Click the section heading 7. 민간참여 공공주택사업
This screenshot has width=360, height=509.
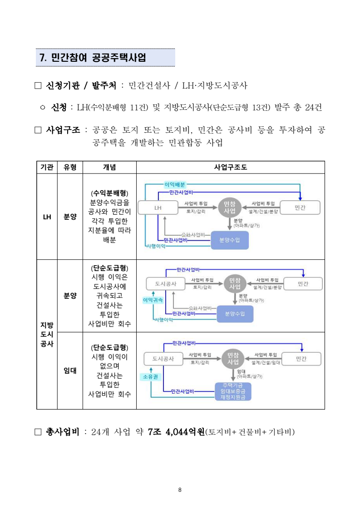click(x=93, y=58)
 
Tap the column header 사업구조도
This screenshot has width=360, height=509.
click(x=230, y=167)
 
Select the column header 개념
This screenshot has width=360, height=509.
click(x=109, y=167)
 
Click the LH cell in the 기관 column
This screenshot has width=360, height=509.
click(x=47, y=217)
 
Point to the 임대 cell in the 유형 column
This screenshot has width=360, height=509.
click(x=70, y=370)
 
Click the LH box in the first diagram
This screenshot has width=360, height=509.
click(x=158, y=208)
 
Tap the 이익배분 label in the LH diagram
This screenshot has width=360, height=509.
click(x=174, y=184)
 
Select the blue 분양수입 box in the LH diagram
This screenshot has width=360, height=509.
click(x=230, y=240)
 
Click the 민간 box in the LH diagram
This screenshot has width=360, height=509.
click(x=300, y=208)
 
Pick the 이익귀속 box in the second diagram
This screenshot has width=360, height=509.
click(x=153, y=300)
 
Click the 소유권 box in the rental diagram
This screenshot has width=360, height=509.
click(x=151, y=376)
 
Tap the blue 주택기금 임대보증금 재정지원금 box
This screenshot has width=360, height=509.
click(x=232, y=391)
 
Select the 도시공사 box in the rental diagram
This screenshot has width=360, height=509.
click(x=162, y=358)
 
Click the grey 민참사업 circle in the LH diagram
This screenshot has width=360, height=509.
click(x=230, y=208)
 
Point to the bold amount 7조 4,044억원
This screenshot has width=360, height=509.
click(x=177, y=432)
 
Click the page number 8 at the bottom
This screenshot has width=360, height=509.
click(x=180, y=489)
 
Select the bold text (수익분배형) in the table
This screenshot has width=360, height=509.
click(x=109, y=193)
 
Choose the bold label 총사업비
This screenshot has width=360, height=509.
click(x=63, y=432)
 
